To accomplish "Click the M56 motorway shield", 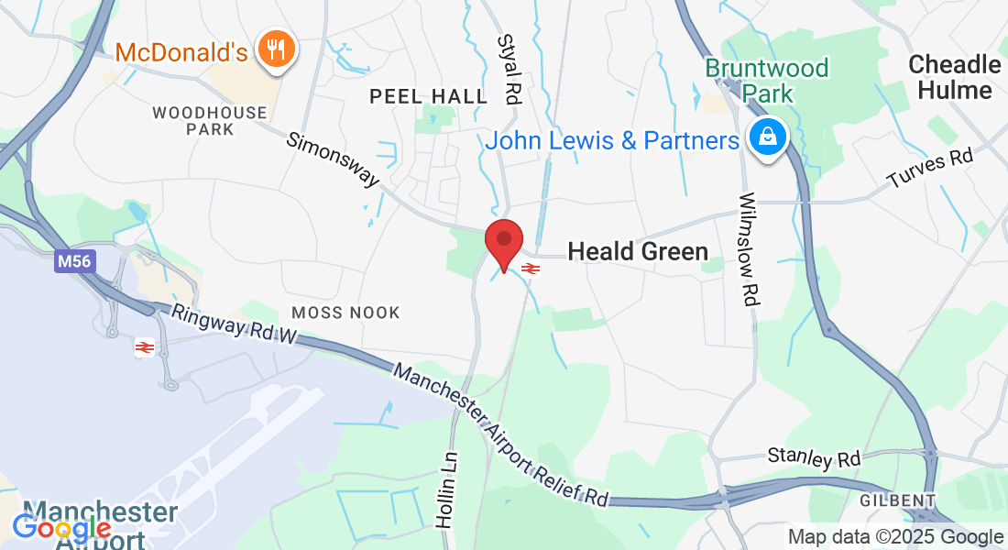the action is coord(74,262).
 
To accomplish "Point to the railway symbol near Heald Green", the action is coord(530,269).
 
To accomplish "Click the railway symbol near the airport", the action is coord(144,346).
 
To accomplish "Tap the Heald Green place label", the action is coord(638,251).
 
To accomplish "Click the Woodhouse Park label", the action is coord(210,121).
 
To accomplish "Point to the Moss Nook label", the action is coord(345,313).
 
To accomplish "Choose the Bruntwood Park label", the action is coord(767,81).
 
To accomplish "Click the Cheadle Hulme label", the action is coord(954,77).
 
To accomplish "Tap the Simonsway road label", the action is coord(333,159).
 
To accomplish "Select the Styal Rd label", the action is coord(509,69).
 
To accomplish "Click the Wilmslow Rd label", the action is coord(749,248).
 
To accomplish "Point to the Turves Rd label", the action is coord(929,169).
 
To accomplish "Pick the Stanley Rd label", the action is coord(814,456).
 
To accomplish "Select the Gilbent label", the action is coord(897,500).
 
